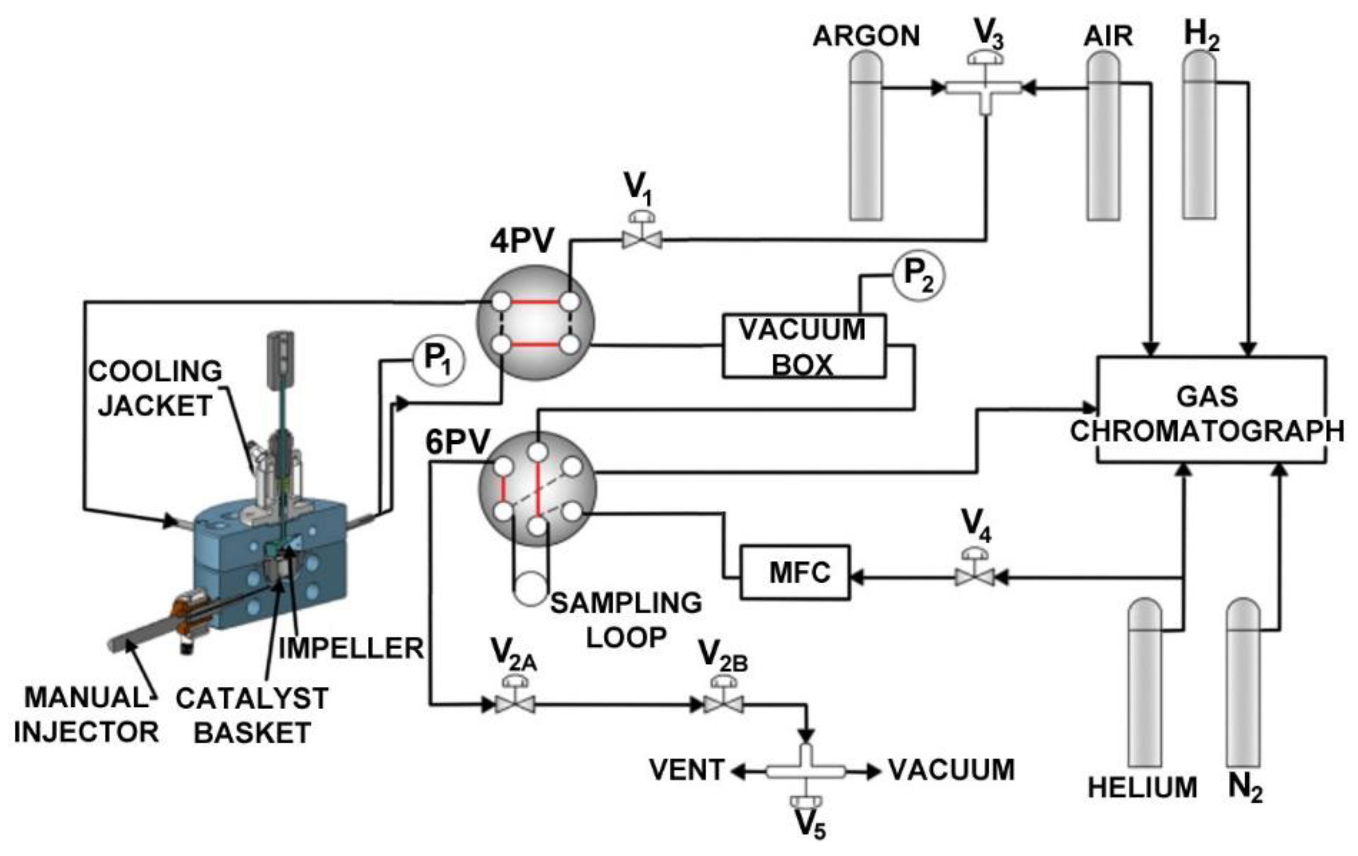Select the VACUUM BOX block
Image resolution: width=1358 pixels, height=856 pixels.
click(x=804, y=346)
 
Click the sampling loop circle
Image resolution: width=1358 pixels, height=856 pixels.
click(x=530, y=589)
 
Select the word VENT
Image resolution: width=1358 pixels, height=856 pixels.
click(x=686, y=770)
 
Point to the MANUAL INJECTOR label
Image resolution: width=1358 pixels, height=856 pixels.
click(x=86, y=715)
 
